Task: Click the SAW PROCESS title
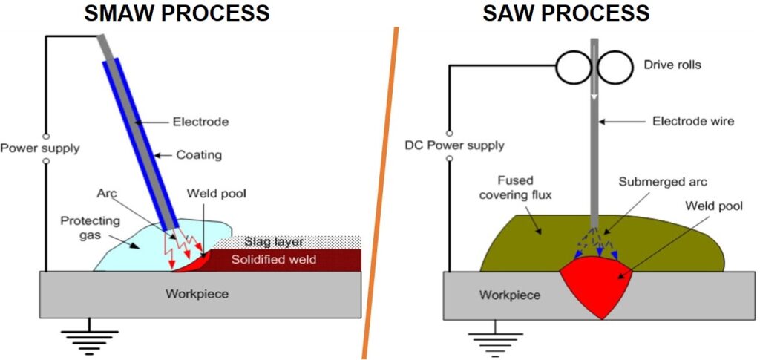[x=566, y=13]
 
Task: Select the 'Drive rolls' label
[x=672, y=65]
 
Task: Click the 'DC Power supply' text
[x=455, y=145]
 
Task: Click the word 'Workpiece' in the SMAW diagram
[x=197, y=294]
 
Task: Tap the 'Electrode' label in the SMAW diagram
[x=200, y=122]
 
